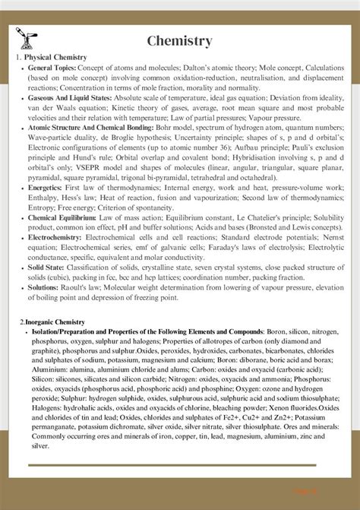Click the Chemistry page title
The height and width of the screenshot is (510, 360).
[179, 41]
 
